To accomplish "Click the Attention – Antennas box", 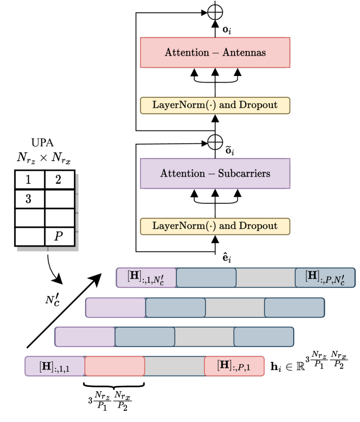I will [215, 52].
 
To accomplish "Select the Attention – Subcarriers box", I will [215, 173].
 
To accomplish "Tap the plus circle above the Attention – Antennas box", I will [215, 12].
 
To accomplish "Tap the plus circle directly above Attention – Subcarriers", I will [215, 142].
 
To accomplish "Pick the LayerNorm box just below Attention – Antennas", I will [215, 106].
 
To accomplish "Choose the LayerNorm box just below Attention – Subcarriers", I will [215, 226].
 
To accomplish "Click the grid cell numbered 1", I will [30, 180].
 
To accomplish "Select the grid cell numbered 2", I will [60, 180].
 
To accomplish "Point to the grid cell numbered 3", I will [30, 199].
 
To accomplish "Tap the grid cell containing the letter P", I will [60, 236].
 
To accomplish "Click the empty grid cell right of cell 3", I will [60, 199].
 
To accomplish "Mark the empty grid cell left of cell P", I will [30, 236].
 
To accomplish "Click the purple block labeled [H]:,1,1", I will [55, 366].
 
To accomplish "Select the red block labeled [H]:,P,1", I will [234, 366].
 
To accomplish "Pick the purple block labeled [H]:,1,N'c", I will [146, 278].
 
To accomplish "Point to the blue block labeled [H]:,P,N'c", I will [325, 278].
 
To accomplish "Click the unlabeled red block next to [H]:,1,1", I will [115, 366].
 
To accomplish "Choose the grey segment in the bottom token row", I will [174, 366].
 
